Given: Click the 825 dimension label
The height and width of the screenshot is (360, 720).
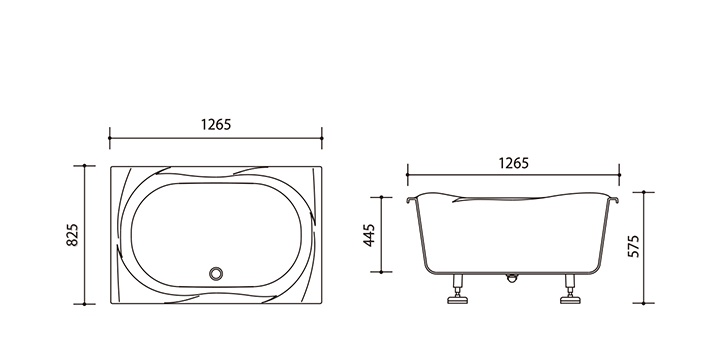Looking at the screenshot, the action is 73,235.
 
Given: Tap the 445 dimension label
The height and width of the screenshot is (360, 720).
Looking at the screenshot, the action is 370,235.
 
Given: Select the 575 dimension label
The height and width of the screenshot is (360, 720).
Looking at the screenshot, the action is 633,246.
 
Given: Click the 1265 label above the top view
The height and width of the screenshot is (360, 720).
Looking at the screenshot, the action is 216,124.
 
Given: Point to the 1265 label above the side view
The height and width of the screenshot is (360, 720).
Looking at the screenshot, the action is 513,163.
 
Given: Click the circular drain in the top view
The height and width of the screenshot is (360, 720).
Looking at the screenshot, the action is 216,274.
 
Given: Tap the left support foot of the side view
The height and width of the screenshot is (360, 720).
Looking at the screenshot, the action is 457,289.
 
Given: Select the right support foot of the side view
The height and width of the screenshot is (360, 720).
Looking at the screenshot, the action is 570,289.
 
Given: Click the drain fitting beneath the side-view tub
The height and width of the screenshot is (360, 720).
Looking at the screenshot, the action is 512,277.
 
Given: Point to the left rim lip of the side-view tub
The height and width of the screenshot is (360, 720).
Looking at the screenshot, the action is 411,199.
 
